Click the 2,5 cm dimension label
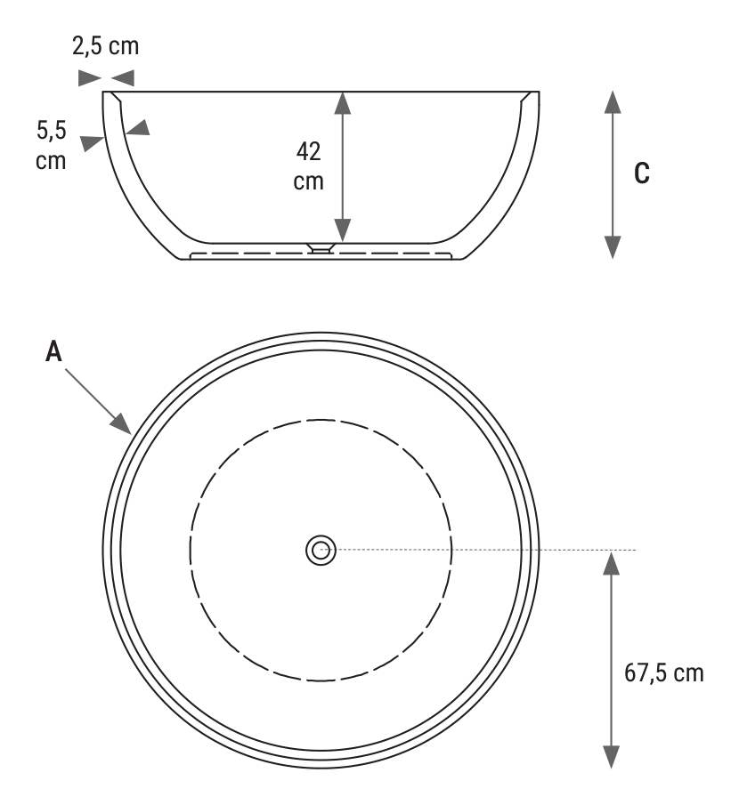click(105, 46)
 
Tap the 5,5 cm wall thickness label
click(51, 145)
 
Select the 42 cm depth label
click(308, 166)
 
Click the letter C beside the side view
click(642, 173)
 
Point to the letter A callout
click(53, 351)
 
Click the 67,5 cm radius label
click(664, 672)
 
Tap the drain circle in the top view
click(321, 551)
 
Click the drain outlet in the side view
click(321, 248)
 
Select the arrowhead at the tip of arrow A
click(121, 424)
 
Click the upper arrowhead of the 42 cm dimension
click(343, 103)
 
